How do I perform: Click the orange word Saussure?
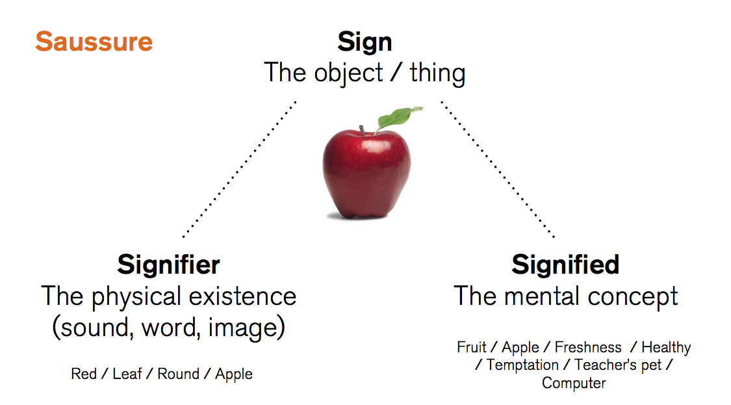pyautogui.click(x=94, y=42)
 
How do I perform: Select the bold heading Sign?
pyautogui.click(x=365, y=42)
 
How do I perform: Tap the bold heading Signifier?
pyautogui.click(x=168, y=265)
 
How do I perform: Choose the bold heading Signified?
pyautogui.click(x=565, y=265)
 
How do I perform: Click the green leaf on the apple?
pyautogui.click(x=396, y=118)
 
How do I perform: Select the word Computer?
pyautogui.click(x=574, y=383)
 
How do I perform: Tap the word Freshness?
pyautogui.click(x=588, y=347)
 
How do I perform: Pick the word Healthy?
pyautogui.click(x=666, y=347)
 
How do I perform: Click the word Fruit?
pyautogui.click(x=472, y=347)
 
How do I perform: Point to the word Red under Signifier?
pyautogui.click(x=84, y=374)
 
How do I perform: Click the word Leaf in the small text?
pyautogui.click(x=127, y=374)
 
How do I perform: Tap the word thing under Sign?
pyautogui.click(x=437, y=73)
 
